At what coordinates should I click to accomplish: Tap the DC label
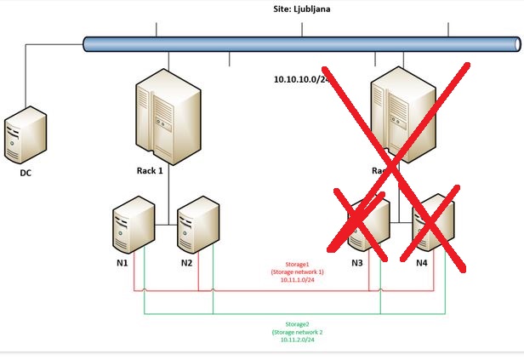(x=26, y=173)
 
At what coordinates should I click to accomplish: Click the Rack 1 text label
(x=149, y=169)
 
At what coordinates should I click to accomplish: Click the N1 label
(x=122, y=263)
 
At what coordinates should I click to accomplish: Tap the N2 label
(x=186, y=263)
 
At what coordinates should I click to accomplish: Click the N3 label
(x=357, y=263)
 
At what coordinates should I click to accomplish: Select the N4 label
(x=421, y=263)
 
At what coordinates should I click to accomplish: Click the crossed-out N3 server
(x=369, y=225)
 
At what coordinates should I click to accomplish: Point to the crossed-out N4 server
(x=432, y=225)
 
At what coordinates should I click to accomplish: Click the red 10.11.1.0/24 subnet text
(x=298, y=279)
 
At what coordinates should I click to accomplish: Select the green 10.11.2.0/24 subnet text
(x=298, y=339)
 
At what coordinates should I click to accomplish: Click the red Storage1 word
(x=298, y=264)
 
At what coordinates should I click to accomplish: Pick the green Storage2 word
(x=298, y=324)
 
